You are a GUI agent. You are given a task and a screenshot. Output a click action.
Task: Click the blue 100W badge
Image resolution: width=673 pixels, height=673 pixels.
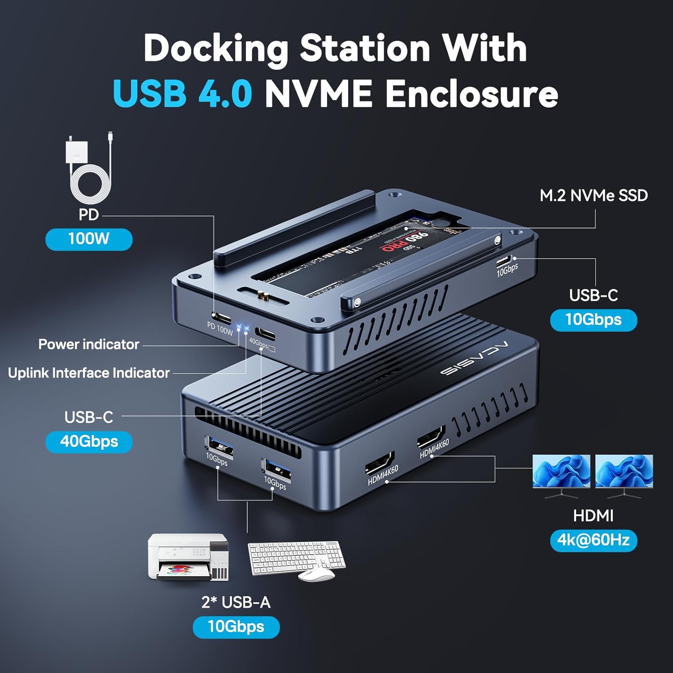pyautogui.click(x=89, y=239)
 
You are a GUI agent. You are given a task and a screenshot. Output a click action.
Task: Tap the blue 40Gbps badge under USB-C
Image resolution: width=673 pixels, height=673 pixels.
pyautogui.click(x=89, y=441)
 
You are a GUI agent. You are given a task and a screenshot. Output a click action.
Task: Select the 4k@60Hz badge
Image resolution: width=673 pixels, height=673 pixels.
pyautogui.click(x=593, y=540)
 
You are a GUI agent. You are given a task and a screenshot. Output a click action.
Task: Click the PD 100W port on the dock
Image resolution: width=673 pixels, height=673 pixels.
pyautogui.click(x=222, y=318)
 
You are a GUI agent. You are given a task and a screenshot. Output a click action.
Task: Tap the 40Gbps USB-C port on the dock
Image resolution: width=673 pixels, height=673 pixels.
pyautogui.click(x=265, y=334)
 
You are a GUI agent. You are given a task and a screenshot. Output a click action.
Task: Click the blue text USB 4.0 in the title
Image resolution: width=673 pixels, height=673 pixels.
pyautogui.click(x=182, y=93)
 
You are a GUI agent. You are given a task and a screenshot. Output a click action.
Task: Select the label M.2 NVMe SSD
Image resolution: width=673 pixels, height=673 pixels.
pyautogui.click(x=593, y=196)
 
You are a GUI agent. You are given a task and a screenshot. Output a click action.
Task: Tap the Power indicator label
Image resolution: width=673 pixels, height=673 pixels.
pyautogui.click(x=88, y=345)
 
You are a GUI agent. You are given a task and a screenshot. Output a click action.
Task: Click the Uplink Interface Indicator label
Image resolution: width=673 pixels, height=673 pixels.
pyautogui.click(x=88, y=373)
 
